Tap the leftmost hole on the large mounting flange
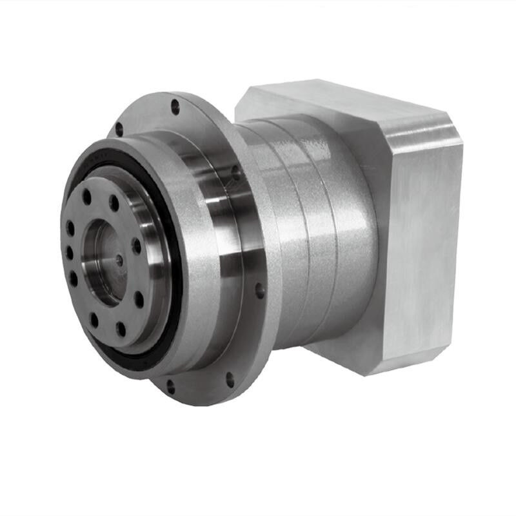click(x=119, y=129)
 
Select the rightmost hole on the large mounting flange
click(x=260, y=291)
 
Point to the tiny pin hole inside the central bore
click(x=119, y=260)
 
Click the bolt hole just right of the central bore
click(x=136, y=246)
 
